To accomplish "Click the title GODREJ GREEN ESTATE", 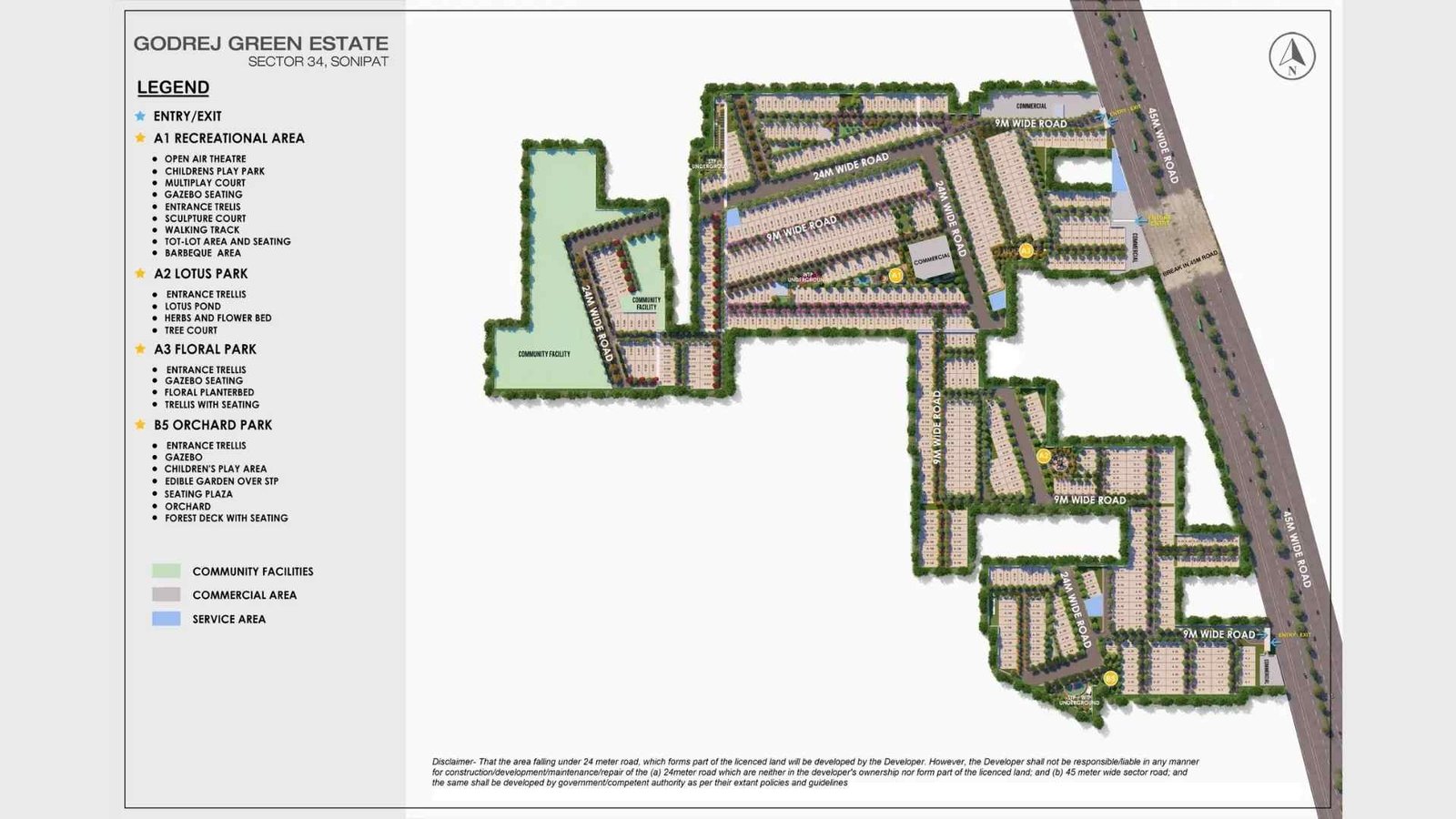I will point(260,43).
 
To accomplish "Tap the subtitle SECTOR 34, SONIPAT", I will point(318,62).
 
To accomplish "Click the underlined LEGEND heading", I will point(173,87).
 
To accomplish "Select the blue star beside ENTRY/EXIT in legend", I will point(140,116).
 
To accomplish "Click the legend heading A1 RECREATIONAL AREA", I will point(229,138).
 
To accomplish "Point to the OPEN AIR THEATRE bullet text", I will point(205,159).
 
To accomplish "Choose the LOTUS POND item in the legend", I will point(193,307).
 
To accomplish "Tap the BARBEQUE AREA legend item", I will point(203,253).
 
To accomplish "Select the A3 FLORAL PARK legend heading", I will point(205,349).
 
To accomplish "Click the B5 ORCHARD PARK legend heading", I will point(213,425).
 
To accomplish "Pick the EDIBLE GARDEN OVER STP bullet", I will point(221,481).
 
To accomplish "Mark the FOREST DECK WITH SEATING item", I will point(226,518).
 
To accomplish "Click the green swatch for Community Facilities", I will point(167,571).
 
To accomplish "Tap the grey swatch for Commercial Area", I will point(167,595).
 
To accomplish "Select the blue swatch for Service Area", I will point(167,619).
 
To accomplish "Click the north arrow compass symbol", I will point(1292,56).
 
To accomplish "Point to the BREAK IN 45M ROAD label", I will point(1190,264).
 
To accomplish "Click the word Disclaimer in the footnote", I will point(453,762).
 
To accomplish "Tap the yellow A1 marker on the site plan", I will point(895,275).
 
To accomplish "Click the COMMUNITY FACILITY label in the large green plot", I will point(544,354).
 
